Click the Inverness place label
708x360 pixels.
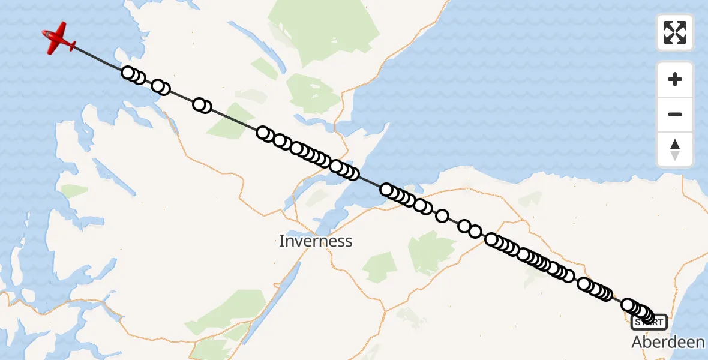pyautogui.click(x=316, y=241)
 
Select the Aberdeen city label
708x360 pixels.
pyautogui.click(x=668, y=342)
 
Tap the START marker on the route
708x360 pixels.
pyautogui.click(x=649, y=322)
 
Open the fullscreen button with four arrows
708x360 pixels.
pyautogui.click(x=675, y=32)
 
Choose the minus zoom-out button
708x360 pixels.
pyautogui.click(x=675, y=114)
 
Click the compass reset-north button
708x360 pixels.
pyautogui.click(x=675, y=149)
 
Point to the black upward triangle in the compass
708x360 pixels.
pyautogui.click(x=675, y=144)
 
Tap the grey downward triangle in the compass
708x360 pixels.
pyautogui.click(x=675, y=155)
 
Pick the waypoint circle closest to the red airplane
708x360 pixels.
pyautogui.click(x=128, y=73)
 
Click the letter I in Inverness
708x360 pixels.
pyautogui.click(x=281, y=241)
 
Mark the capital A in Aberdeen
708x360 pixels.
pyautogui.click(x=637, y=342)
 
